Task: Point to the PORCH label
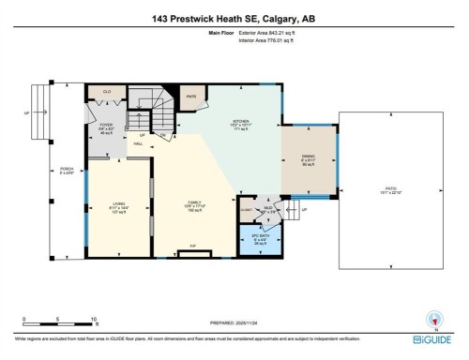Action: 66,172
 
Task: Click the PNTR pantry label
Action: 190,95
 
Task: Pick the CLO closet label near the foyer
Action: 107,91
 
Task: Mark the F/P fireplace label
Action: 193,247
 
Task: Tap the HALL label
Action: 139,148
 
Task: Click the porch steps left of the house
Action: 38,112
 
